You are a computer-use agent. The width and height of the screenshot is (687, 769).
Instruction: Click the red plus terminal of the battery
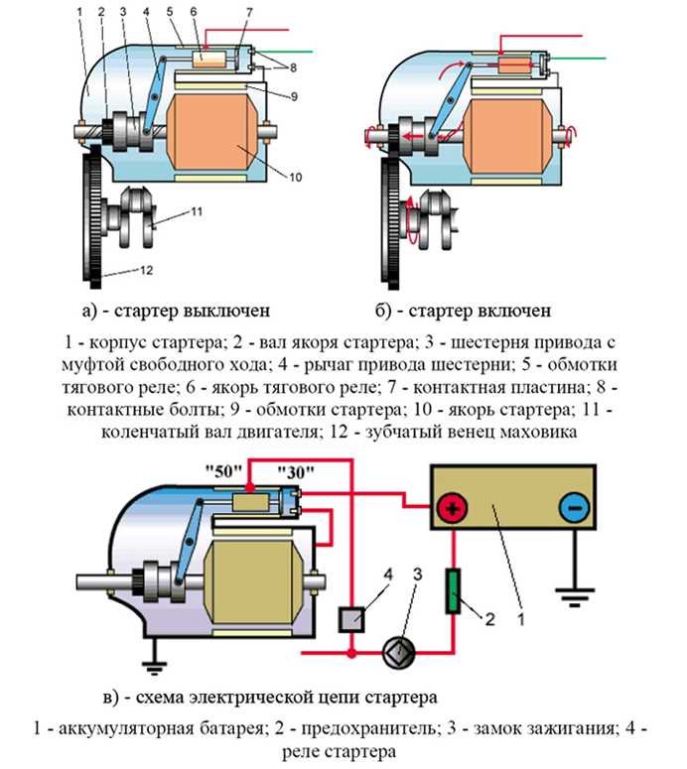point(453,510)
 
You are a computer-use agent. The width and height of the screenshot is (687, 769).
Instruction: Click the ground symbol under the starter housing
point(155,653)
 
